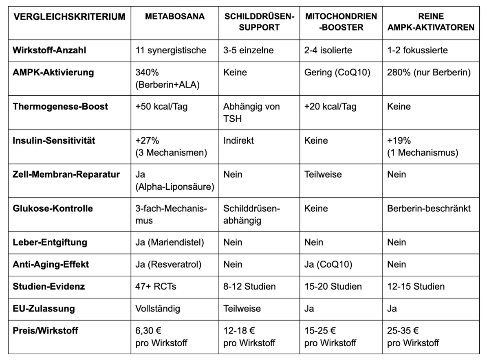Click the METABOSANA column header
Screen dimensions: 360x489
(175, 17)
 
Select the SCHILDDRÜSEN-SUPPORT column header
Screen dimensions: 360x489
(259, 22)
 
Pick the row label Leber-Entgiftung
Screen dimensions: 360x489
(50, 242)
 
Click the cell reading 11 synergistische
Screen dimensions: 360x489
(171, 50)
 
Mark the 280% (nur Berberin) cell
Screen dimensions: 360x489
(430, 73)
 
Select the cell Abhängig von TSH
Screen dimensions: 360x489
(251, 112)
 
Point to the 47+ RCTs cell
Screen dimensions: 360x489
(156, 286)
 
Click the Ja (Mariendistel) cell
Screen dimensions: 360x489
(170, 242)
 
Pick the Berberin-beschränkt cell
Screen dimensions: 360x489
(429, 209)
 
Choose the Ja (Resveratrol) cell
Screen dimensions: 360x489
(168, 264)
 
